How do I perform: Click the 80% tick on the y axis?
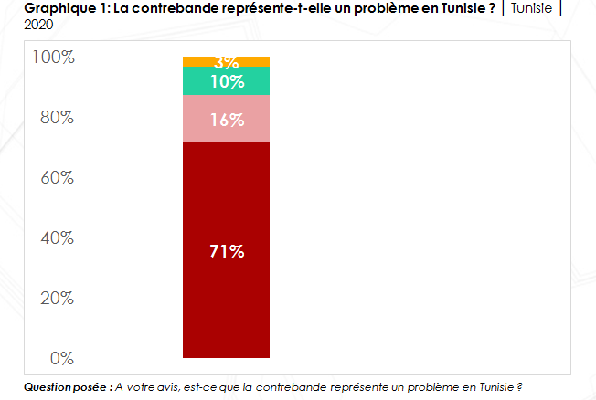[x=56, y=118]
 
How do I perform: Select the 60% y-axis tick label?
[x=56, y=178]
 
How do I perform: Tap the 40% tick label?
[x=56, y=238]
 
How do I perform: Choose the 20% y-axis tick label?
[x=56, y=298]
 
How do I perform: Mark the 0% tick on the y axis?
[x=61, y=358]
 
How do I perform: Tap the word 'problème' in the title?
[x=363, y=8]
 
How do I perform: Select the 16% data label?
[x=227, y=120]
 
